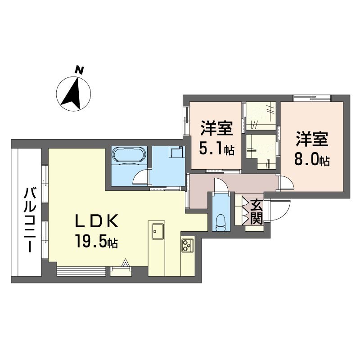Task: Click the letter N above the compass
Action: coord(80,70)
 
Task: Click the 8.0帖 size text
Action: coord(312,160)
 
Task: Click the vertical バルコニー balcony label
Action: coord(29,221)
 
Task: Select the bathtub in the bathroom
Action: coord(129,155)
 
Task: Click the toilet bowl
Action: coord(220,222)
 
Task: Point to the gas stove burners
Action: coord(187,246)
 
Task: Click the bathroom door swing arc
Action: coord(142,176)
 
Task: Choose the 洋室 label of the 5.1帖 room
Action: coord(217,129)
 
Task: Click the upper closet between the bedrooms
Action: coord(261,116)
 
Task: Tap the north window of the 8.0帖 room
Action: coord(312,98)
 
